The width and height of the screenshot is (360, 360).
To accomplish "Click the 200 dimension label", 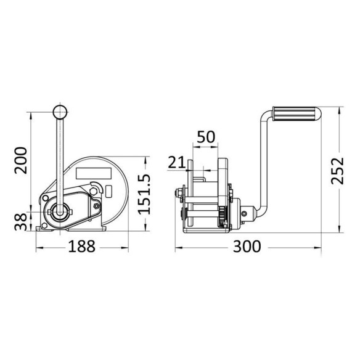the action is [x=21, y=160].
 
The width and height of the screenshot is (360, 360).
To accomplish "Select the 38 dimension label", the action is [x=21, y=222].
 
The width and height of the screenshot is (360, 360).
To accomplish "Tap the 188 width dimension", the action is [x=82, y=247].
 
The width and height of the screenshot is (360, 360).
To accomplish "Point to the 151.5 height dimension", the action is [x=144, y=194].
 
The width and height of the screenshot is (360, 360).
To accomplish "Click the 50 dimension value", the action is [x=206, y=137].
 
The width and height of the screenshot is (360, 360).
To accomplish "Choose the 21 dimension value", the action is [x=176, y=162].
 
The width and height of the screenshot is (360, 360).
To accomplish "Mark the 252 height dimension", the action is [x=338, y=171].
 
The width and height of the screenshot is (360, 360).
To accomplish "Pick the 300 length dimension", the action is [x=247, y=247].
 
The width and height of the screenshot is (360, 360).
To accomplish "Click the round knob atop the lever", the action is [x=60, y=112].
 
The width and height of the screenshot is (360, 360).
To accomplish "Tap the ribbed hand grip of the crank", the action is [x=297, y=114].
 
